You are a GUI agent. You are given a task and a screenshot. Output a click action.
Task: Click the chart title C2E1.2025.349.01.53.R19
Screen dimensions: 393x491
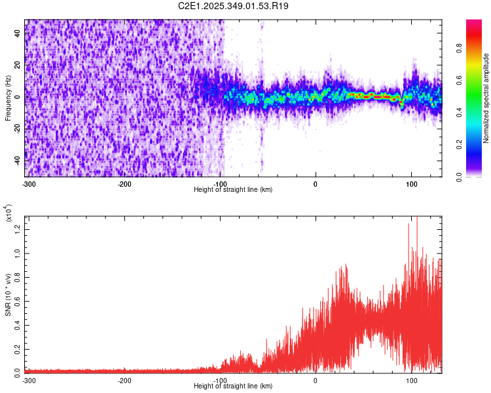tap(234, 6)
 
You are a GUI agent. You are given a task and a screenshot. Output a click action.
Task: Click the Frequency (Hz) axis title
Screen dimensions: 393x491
tap(8, 98)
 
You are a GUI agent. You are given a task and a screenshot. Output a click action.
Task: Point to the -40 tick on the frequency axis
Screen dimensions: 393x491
tap(18, 160)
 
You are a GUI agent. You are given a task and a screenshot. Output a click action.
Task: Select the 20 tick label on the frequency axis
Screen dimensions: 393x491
tap(18, 65)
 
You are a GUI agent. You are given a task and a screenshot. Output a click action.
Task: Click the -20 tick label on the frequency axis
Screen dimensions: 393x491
tap(18, 128)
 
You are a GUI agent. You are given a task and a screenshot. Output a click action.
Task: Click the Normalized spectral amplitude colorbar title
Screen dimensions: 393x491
tap(486, 98)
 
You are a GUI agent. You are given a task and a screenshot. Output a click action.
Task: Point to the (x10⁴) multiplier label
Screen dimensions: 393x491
tap(8, 212)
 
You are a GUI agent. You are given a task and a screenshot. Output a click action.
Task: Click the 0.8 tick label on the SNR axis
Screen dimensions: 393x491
tap(18, 276)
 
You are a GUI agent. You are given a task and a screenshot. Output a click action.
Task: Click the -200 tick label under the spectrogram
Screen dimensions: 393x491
tap(124, 183)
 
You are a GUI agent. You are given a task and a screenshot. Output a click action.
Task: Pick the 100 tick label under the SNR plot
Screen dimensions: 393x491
tap(411, 380)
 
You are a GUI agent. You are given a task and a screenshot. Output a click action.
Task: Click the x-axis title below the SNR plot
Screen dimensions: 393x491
tap(233, 386)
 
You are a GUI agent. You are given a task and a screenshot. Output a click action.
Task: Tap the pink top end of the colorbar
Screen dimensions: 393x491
tap(474, 24)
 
